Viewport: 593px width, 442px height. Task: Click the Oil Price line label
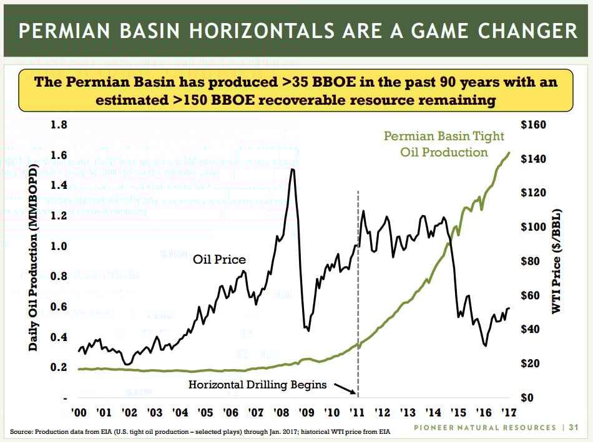tap(219, 259)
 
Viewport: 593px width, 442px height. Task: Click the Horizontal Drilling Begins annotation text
tap(257, 385)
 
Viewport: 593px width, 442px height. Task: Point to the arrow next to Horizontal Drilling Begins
tap(344, 388)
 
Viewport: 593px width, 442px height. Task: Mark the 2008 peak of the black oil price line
tap(292, 170)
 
